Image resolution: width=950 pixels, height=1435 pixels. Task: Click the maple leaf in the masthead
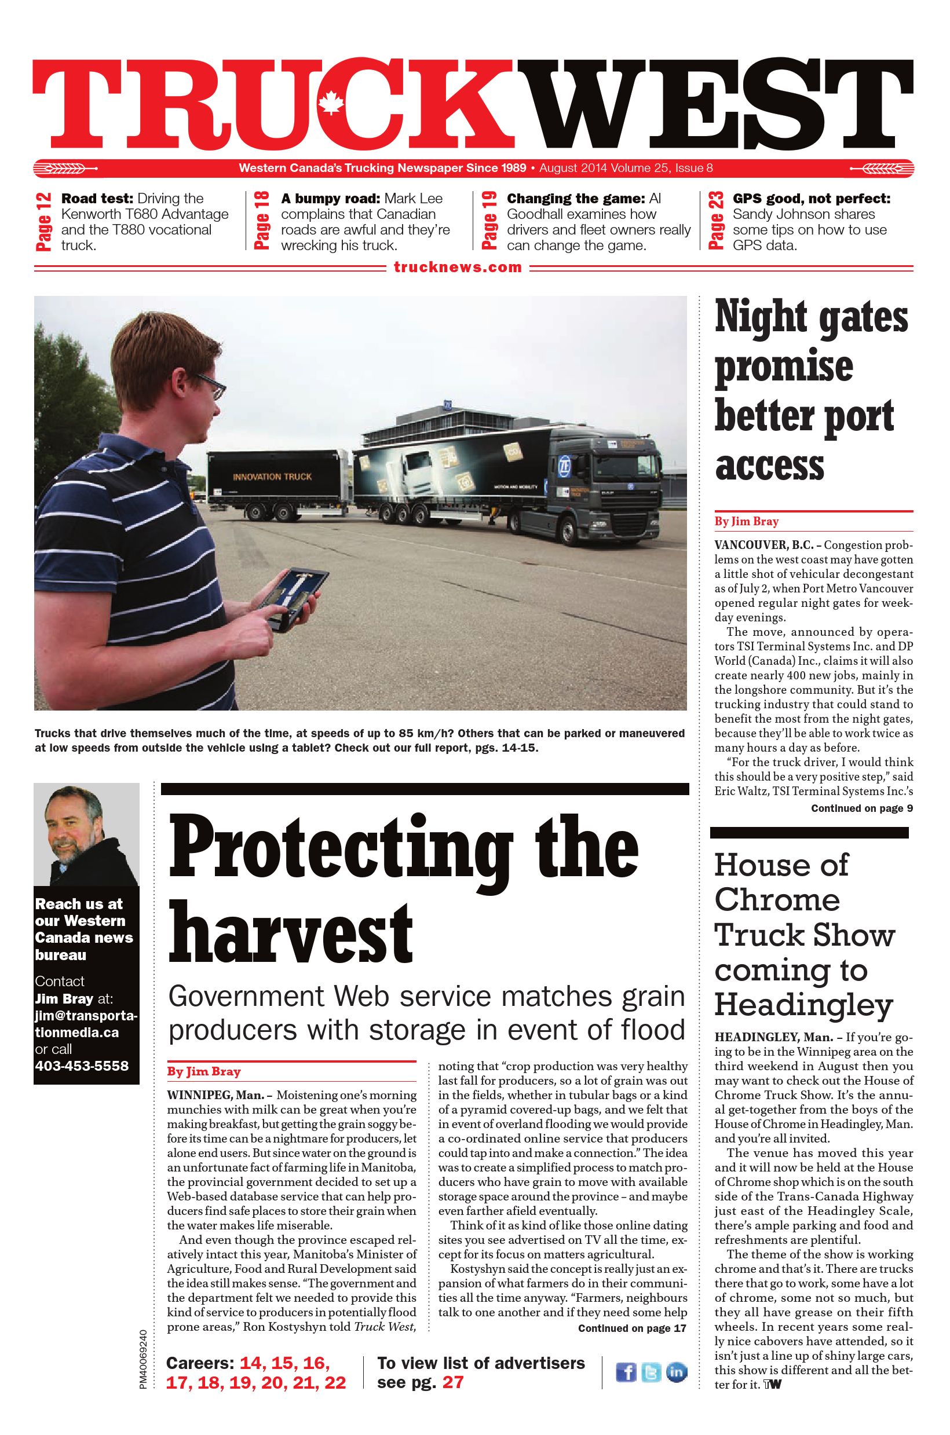pos(331,101)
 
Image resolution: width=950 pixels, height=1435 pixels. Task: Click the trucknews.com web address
pos(458,267)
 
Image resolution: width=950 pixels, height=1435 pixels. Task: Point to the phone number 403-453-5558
pos(82,1066)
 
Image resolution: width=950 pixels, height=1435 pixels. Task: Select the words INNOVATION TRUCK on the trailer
pos(272,477)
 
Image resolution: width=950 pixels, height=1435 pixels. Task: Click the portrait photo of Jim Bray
pos(86,834)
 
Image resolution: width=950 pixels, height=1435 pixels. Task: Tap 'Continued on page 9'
pos(861,808)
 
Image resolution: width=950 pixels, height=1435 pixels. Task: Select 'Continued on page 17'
pos(633,1328)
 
